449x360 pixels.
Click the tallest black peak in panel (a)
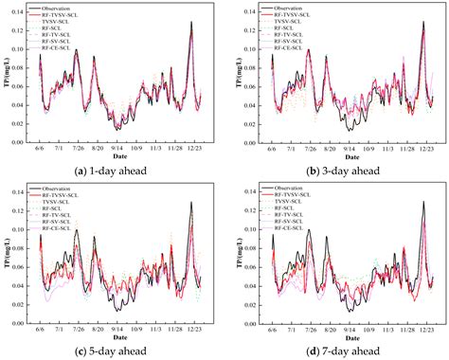coord(191,22)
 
